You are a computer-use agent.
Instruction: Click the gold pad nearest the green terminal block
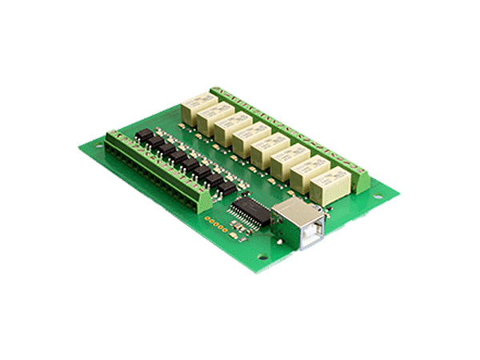coord(208,218)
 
